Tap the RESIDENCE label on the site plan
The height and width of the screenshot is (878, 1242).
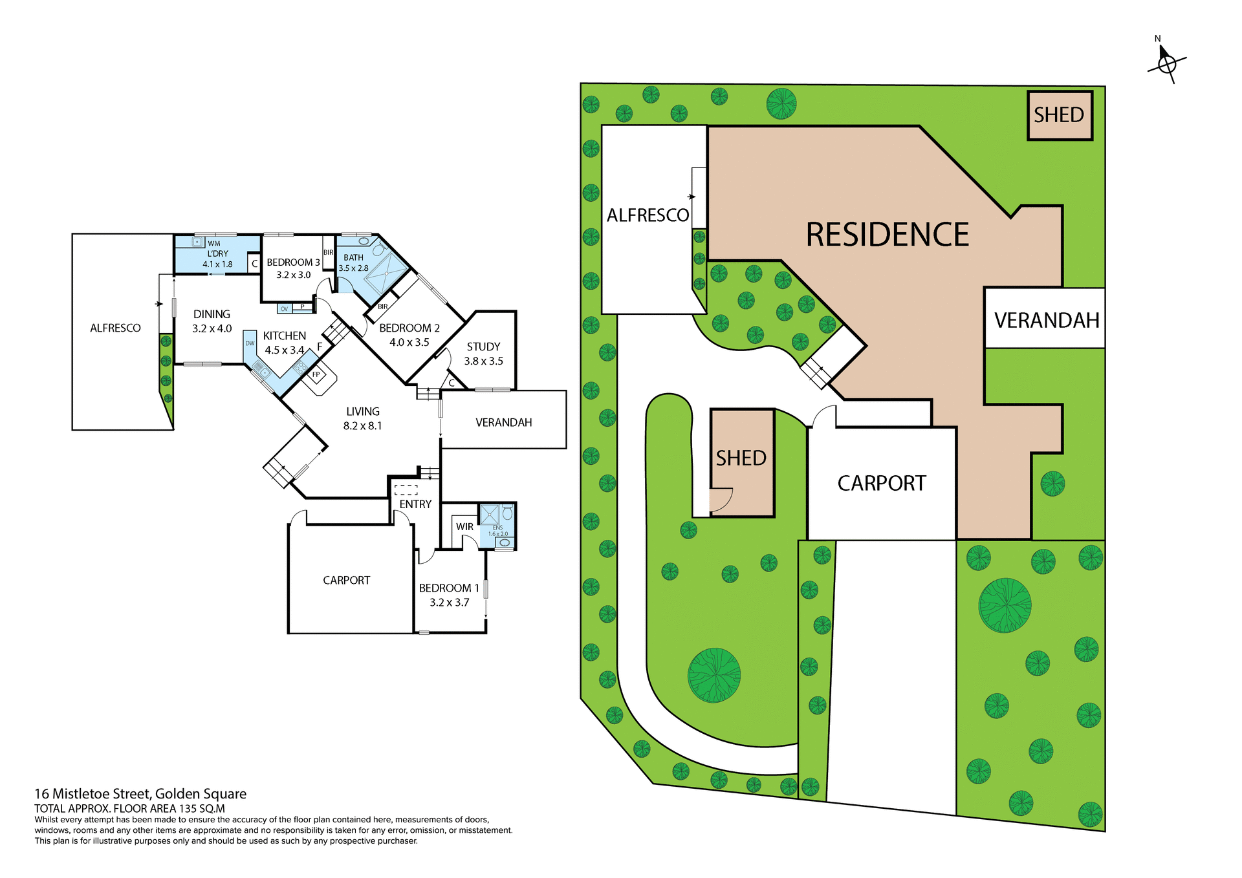[x=887, y=234]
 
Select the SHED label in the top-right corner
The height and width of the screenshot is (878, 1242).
[x=1059, y=115]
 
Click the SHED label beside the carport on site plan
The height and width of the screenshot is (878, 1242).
[x=741, y=458]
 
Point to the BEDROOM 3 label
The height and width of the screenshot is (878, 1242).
[x=293, y=262]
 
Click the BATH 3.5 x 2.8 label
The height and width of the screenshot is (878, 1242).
[x=353, y=262]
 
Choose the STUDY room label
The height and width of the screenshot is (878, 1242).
[x=483, y=347]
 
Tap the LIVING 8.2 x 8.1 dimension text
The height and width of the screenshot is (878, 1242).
[x=362, y=426]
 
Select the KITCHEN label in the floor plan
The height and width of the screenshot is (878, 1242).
[x=284, y=336]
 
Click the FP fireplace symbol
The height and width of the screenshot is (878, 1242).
[x=316, y=375]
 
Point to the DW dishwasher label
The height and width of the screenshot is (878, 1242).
[x=250, y=343]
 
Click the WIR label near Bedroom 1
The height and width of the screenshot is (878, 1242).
[x=464, y=527]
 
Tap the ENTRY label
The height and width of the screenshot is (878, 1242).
[x=415, y=504]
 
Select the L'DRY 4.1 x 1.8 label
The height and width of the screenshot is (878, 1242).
[x=217, y=259]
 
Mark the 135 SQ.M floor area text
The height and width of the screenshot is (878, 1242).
[x=202, y=809]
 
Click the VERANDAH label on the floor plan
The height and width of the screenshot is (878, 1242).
[x=503, y=422]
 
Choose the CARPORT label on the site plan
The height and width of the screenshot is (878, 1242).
[x=881, y=483]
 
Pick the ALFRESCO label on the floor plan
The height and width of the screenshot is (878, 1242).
[x=115, y=328]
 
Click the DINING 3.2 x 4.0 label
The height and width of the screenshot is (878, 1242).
[x=212, y=321]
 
